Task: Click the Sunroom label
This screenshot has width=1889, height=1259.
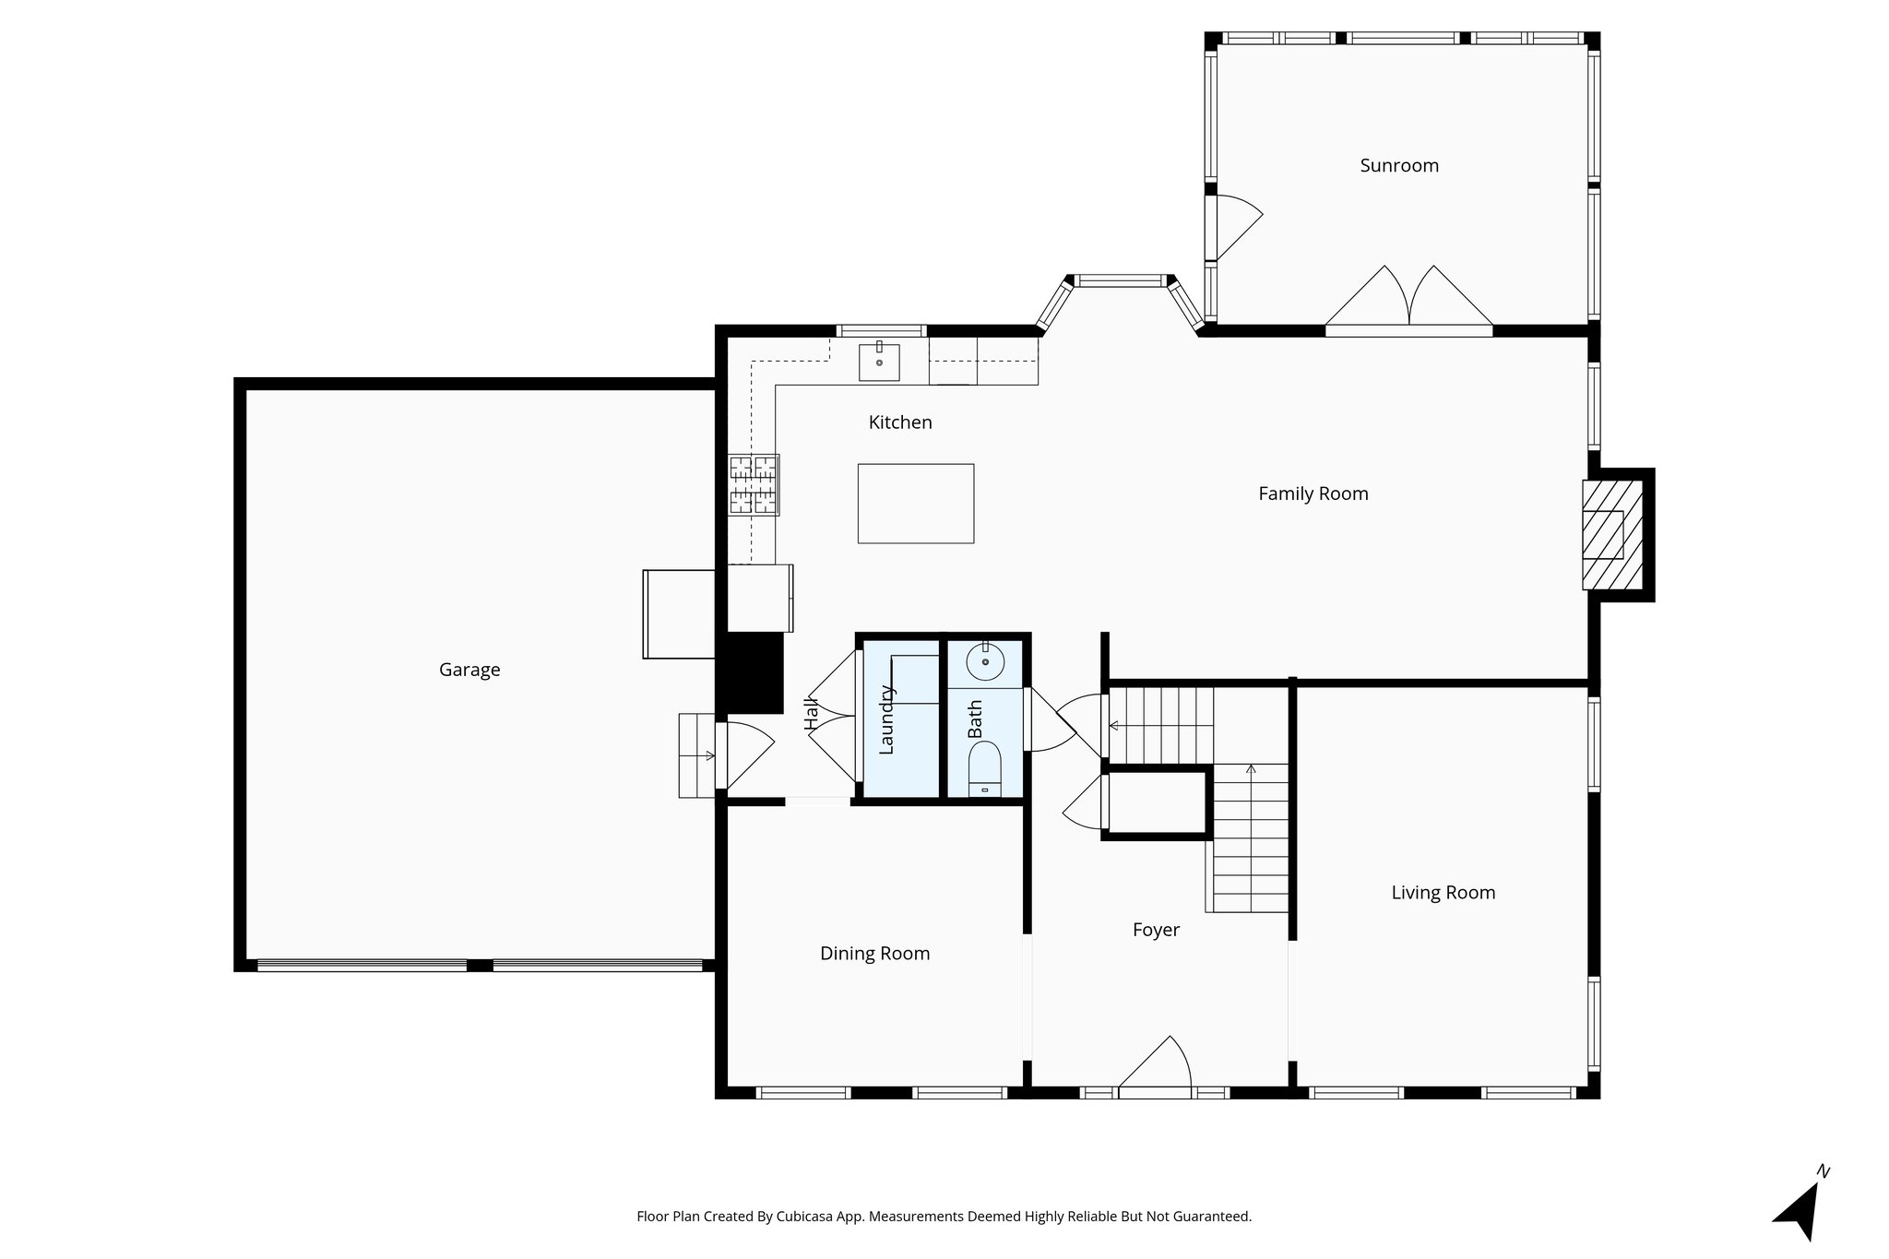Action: [x=1398, y=166]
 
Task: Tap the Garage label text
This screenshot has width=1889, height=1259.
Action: [x=469, y=671]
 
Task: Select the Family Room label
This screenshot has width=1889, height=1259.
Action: [x=1313, y=494]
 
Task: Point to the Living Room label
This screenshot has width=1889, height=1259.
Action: [x=1443, y=893]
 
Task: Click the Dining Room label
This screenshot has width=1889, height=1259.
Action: [x=874, y=954]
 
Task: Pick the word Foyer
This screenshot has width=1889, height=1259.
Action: [x=1156, y=931]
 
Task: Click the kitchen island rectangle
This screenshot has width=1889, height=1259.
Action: [x=915, y=504]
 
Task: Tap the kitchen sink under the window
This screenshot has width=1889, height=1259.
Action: [x=879, y=362]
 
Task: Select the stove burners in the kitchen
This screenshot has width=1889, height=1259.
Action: [x=754, y=484]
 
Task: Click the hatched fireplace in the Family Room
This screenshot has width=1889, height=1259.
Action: [x=1611, y=535]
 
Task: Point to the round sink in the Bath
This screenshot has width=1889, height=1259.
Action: [x=985, y=661]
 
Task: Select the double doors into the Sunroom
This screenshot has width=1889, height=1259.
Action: [x=1408, y=300]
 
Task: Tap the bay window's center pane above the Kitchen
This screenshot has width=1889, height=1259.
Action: [x=1122, y=280]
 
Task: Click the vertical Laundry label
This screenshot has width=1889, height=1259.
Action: [x=886, y=720]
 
